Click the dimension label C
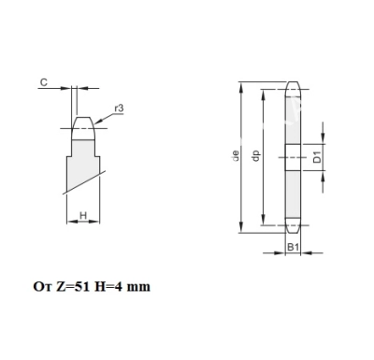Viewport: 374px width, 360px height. [43, 82]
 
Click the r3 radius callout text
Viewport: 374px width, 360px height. [119, 108]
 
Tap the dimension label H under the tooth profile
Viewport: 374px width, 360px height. [83, 216]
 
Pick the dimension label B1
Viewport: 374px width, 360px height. [292, 247]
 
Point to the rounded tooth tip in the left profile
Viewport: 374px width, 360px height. [84, 121]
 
